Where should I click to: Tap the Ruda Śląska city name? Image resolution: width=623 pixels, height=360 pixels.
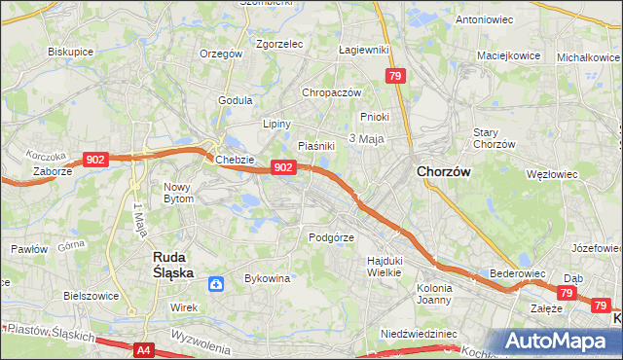click(178, 267)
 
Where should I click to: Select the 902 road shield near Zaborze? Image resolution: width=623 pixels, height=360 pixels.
click(95, 160)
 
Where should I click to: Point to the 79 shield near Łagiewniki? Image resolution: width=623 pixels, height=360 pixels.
click(394, 76)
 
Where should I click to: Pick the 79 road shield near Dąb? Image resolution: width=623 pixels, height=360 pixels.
click(568, 292)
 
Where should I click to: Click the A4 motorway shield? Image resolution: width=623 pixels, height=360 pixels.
click(144, 349)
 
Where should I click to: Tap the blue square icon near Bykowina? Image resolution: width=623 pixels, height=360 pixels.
click(216, 284)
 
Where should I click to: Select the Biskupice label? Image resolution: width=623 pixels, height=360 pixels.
click(70, 51)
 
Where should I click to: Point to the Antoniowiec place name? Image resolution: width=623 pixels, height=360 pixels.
click(485, 18)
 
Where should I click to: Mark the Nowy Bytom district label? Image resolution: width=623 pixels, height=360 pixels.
click(179, 192)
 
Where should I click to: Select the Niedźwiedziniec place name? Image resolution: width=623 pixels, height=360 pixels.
click(419, 333)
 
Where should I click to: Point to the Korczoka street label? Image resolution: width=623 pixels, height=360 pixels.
click(46, 156)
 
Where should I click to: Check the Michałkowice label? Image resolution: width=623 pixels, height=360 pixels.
click(589, 56)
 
